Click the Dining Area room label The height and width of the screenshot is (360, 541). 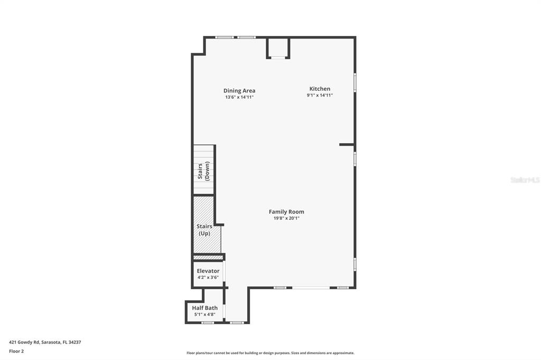tap(239, 91)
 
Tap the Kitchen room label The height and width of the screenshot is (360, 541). tap(320, 89)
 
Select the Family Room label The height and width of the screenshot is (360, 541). tap(286, 212)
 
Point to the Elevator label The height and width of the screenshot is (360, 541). tap(208, 271)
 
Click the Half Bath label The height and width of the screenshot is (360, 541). tap(204, 308)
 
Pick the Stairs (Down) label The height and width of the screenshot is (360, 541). tap(203, 171)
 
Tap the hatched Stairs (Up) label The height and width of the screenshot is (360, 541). tap(204, 230)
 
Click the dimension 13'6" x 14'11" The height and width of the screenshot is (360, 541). tap(239, 97)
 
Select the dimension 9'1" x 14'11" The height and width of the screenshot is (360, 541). tap(320, 95)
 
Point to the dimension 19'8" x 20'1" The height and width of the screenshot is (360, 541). tap(286, 218)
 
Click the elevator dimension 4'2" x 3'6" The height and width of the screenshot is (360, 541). tap(208, 277)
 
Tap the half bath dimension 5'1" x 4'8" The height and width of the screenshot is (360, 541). tap(204, 314)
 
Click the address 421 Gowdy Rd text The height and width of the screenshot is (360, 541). tap(45, 342)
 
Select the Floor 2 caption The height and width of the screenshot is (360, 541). tap(16, 351)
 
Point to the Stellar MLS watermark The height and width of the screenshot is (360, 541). tap(525, 180)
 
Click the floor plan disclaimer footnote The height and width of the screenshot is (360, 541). tap(270, 353)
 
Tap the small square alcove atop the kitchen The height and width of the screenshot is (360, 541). tap(278, 48)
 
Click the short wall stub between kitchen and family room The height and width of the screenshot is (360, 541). tap(347, 144)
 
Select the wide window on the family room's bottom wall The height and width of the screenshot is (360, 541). tap(311, 288)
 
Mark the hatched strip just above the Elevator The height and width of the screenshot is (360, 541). tap(208, 257)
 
